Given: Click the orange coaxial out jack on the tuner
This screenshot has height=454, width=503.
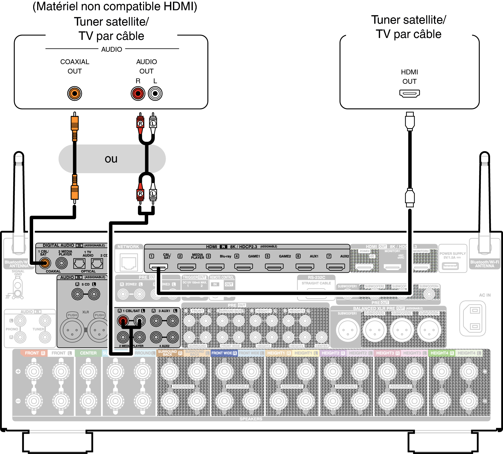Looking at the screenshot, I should pyautogui.click(x=75, y=93).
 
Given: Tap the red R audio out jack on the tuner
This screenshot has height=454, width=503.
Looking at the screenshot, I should pyautogui.click(x=138, y=93).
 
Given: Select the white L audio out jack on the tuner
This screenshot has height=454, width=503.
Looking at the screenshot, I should pyautogui.click(x=155, y=93).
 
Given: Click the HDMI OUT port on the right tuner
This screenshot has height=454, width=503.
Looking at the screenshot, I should pyautogui.click(x=410, y=93).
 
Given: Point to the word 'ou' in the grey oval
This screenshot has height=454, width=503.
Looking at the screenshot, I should pyautogui.click(x=111, y=159).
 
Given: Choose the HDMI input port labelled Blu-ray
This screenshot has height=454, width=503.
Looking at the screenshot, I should pyautogui.click(x=215, y=267).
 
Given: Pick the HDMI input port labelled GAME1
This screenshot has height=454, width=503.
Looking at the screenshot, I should pyautogui.click(x=244, y=267).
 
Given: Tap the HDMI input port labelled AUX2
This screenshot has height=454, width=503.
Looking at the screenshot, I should pyautogui.click(x=335, y=267).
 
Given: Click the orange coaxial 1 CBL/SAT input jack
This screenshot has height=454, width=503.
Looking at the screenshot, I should pyautogui.click(x=45, y=263).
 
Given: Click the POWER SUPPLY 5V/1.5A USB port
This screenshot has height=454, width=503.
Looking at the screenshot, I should pyautogui.click(x=450, y=266).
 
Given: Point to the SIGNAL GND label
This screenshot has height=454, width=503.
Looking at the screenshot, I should pyautogui.click(x=18, y=273).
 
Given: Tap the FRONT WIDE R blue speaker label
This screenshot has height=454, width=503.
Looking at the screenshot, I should pyautogui.click(x=224, y=353).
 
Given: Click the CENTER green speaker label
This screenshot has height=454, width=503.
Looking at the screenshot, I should pyautogui.click(x=88, y=353).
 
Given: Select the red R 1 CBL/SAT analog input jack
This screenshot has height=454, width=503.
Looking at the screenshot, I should pyautogui.click(x=123, y=321).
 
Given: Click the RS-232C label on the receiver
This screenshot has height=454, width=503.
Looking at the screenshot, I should pyautogui.click(x=316, y=277).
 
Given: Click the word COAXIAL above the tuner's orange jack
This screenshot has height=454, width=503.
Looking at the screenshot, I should pyautogui.click(x=75, y=62).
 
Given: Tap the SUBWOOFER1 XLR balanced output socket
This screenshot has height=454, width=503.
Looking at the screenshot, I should pyautogui.click(x=348, y=330).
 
